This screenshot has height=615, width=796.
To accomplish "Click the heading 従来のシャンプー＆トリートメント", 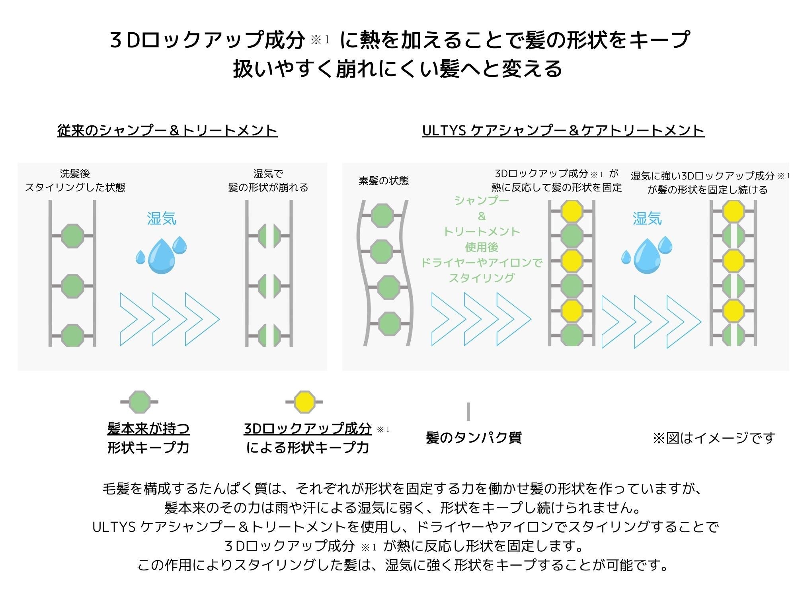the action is pos(167,131).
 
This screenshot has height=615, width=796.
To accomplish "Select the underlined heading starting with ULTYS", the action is pos(563,131).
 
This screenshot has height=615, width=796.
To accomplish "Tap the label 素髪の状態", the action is pos(384,181).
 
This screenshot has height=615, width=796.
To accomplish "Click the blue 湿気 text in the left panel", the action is pos(162,219).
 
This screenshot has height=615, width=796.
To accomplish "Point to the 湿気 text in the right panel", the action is pos(647,219).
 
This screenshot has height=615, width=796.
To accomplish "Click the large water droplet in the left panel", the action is pos(161,256).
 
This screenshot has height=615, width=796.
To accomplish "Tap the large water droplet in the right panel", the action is pos(647,256).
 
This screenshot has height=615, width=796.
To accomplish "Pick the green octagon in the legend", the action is pos(140,402).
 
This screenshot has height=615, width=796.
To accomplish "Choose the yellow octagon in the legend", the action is pos(304,402).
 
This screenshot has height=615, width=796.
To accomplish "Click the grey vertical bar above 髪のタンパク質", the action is pos(468,412).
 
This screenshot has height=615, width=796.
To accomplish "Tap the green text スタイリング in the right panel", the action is pos(482,278).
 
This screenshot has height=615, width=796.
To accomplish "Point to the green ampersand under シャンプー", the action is pos(482,216).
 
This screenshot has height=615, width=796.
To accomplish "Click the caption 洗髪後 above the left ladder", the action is pos(75,174).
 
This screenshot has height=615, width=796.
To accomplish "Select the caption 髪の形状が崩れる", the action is pos(268,187).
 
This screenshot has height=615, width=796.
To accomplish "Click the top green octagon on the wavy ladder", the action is pos(382,216).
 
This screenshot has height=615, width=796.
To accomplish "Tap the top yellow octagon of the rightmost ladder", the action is pos(733,211).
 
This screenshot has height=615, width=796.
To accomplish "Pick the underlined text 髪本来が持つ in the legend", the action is pos(148,429).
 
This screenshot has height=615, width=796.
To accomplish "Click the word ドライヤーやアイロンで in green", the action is pos(482,263).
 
